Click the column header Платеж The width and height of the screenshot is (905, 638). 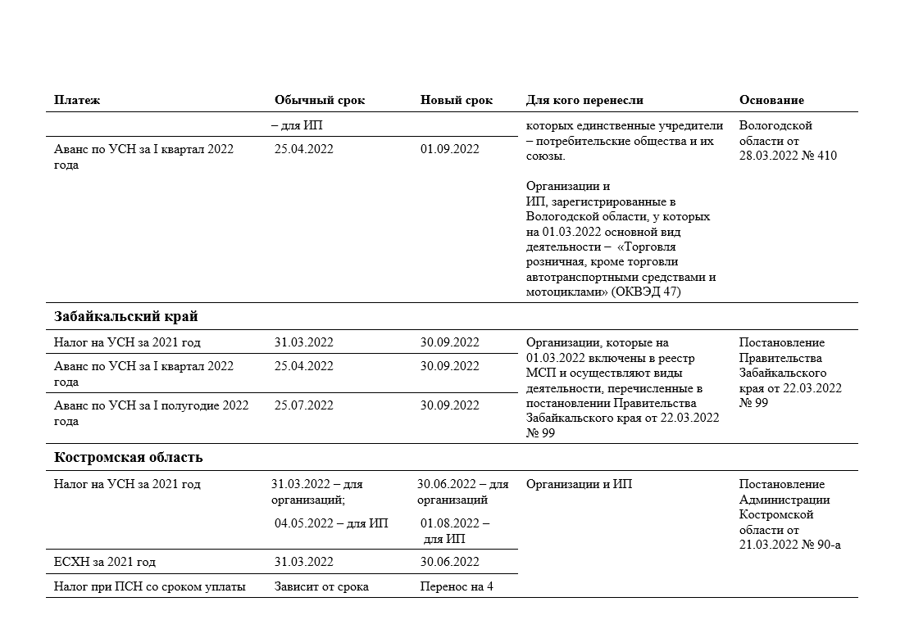[77, 100]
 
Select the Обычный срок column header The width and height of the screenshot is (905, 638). [320, 100]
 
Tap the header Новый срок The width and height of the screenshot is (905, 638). [457, 100]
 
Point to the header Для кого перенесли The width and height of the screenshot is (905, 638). [584, 100]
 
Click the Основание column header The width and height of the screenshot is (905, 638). [771, 100]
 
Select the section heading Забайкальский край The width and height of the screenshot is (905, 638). [126, 316]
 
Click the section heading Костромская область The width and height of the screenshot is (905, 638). [129, 457]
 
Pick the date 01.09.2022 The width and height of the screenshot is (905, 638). [450, 149]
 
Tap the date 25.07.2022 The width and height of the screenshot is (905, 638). [304, 405]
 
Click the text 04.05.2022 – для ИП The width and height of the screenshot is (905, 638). [331, 523]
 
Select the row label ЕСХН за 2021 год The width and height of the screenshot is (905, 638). [105, 562]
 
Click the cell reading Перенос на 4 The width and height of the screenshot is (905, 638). [457, 586]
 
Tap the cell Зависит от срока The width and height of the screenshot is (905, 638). [321, 586]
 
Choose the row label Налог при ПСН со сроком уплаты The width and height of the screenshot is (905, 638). [150, 586]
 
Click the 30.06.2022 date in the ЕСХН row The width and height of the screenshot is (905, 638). [450, 562]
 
